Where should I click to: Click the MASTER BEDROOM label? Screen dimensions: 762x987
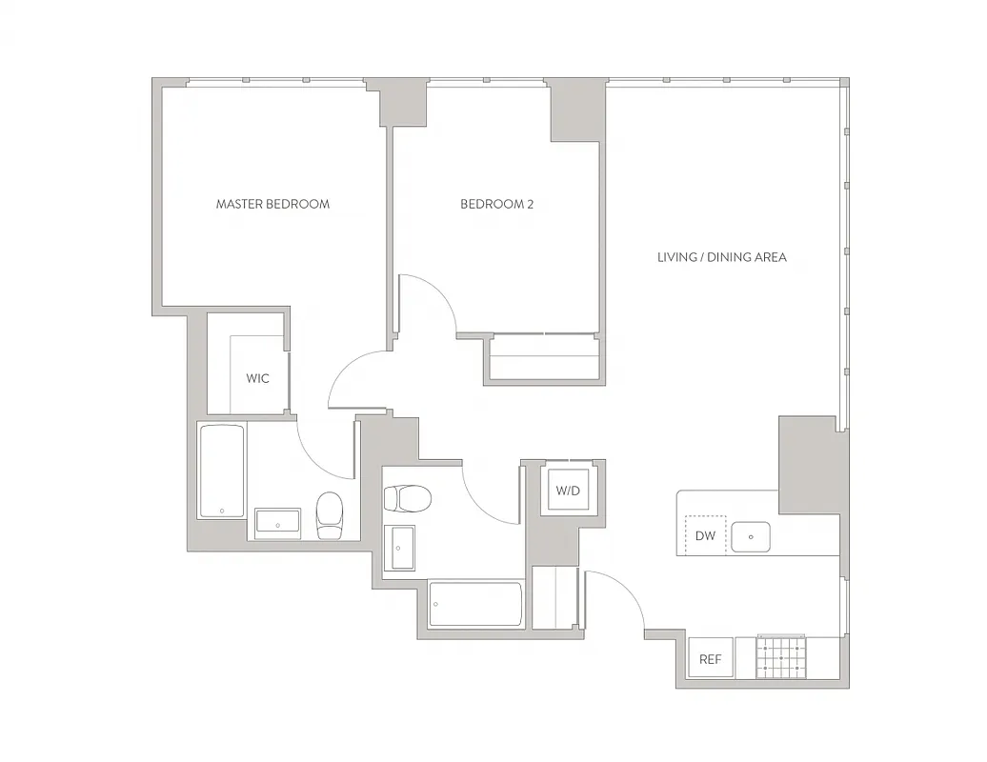point(272,204)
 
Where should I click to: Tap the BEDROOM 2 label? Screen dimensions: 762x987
point(496,204)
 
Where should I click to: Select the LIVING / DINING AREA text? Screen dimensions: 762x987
point(721,257)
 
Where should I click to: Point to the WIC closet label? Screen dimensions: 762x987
point(257,378)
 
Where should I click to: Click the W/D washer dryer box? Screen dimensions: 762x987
point(568,491)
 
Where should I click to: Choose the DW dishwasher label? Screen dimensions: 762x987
point(705,536)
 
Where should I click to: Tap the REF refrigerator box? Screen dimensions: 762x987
point(710,659)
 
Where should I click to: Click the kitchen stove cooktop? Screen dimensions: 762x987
point(781,657)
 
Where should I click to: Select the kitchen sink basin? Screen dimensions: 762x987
point(752,537)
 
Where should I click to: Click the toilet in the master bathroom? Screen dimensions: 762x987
point(329,514)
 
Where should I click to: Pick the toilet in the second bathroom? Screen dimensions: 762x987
point(407,498)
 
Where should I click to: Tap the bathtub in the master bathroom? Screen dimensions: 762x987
point(221,471)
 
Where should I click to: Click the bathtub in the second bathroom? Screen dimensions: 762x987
point(475,605)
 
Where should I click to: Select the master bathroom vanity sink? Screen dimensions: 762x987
point(277,523)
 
